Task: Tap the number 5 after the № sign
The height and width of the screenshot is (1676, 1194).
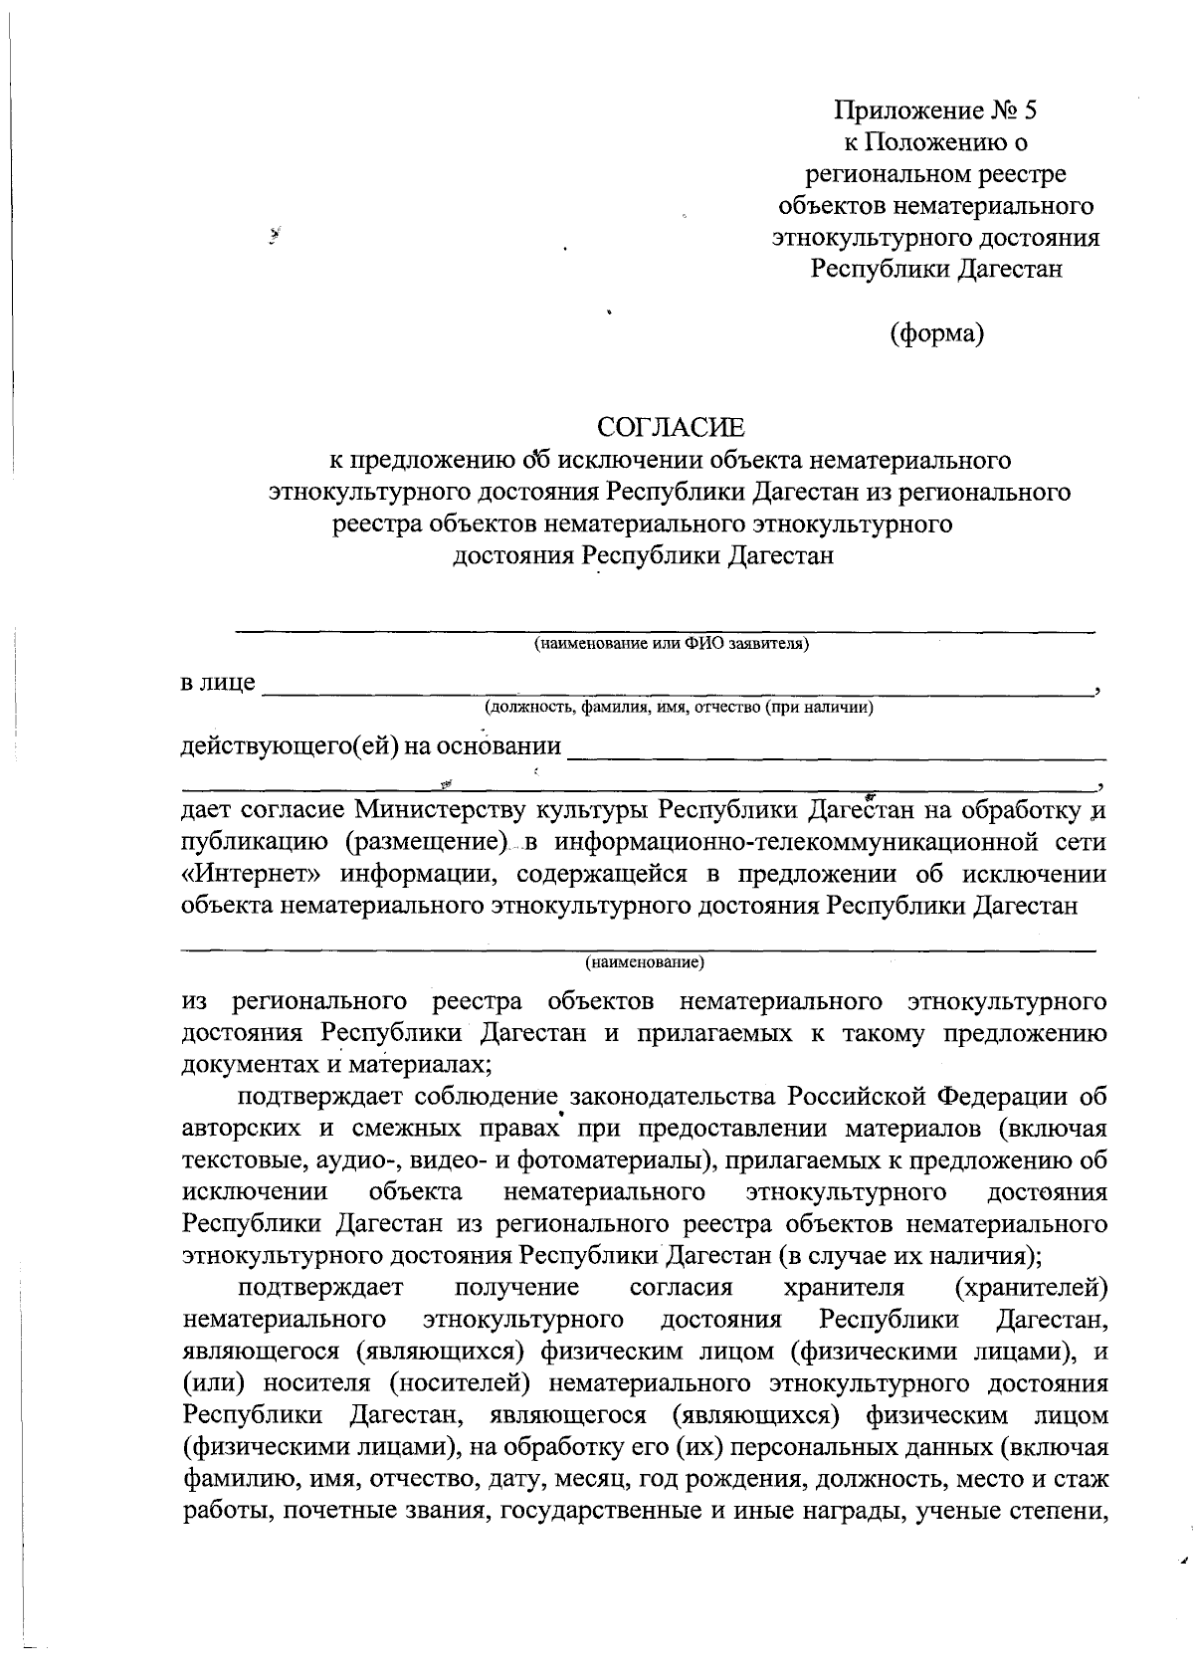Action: (x=1030, y=109)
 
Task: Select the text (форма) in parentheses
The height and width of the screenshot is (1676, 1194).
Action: (x=936, y=333)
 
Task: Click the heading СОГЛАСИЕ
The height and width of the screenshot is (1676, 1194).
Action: (x=671, y=428)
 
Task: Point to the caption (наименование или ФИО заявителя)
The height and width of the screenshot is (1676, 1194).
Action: (x=672, y=644)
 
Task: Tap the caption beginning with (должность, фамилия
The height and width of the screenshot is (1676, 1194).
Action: (x=679, y=708)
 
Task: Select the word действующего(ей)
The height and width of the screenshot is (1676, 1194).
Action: (x=288, y=745)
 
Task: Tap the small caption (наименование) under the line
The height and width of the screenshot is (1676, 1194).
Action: (x=644, y=962)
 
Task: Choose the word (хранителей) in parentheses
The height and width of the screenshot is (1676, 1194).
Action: (x=1031, y=1288)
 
